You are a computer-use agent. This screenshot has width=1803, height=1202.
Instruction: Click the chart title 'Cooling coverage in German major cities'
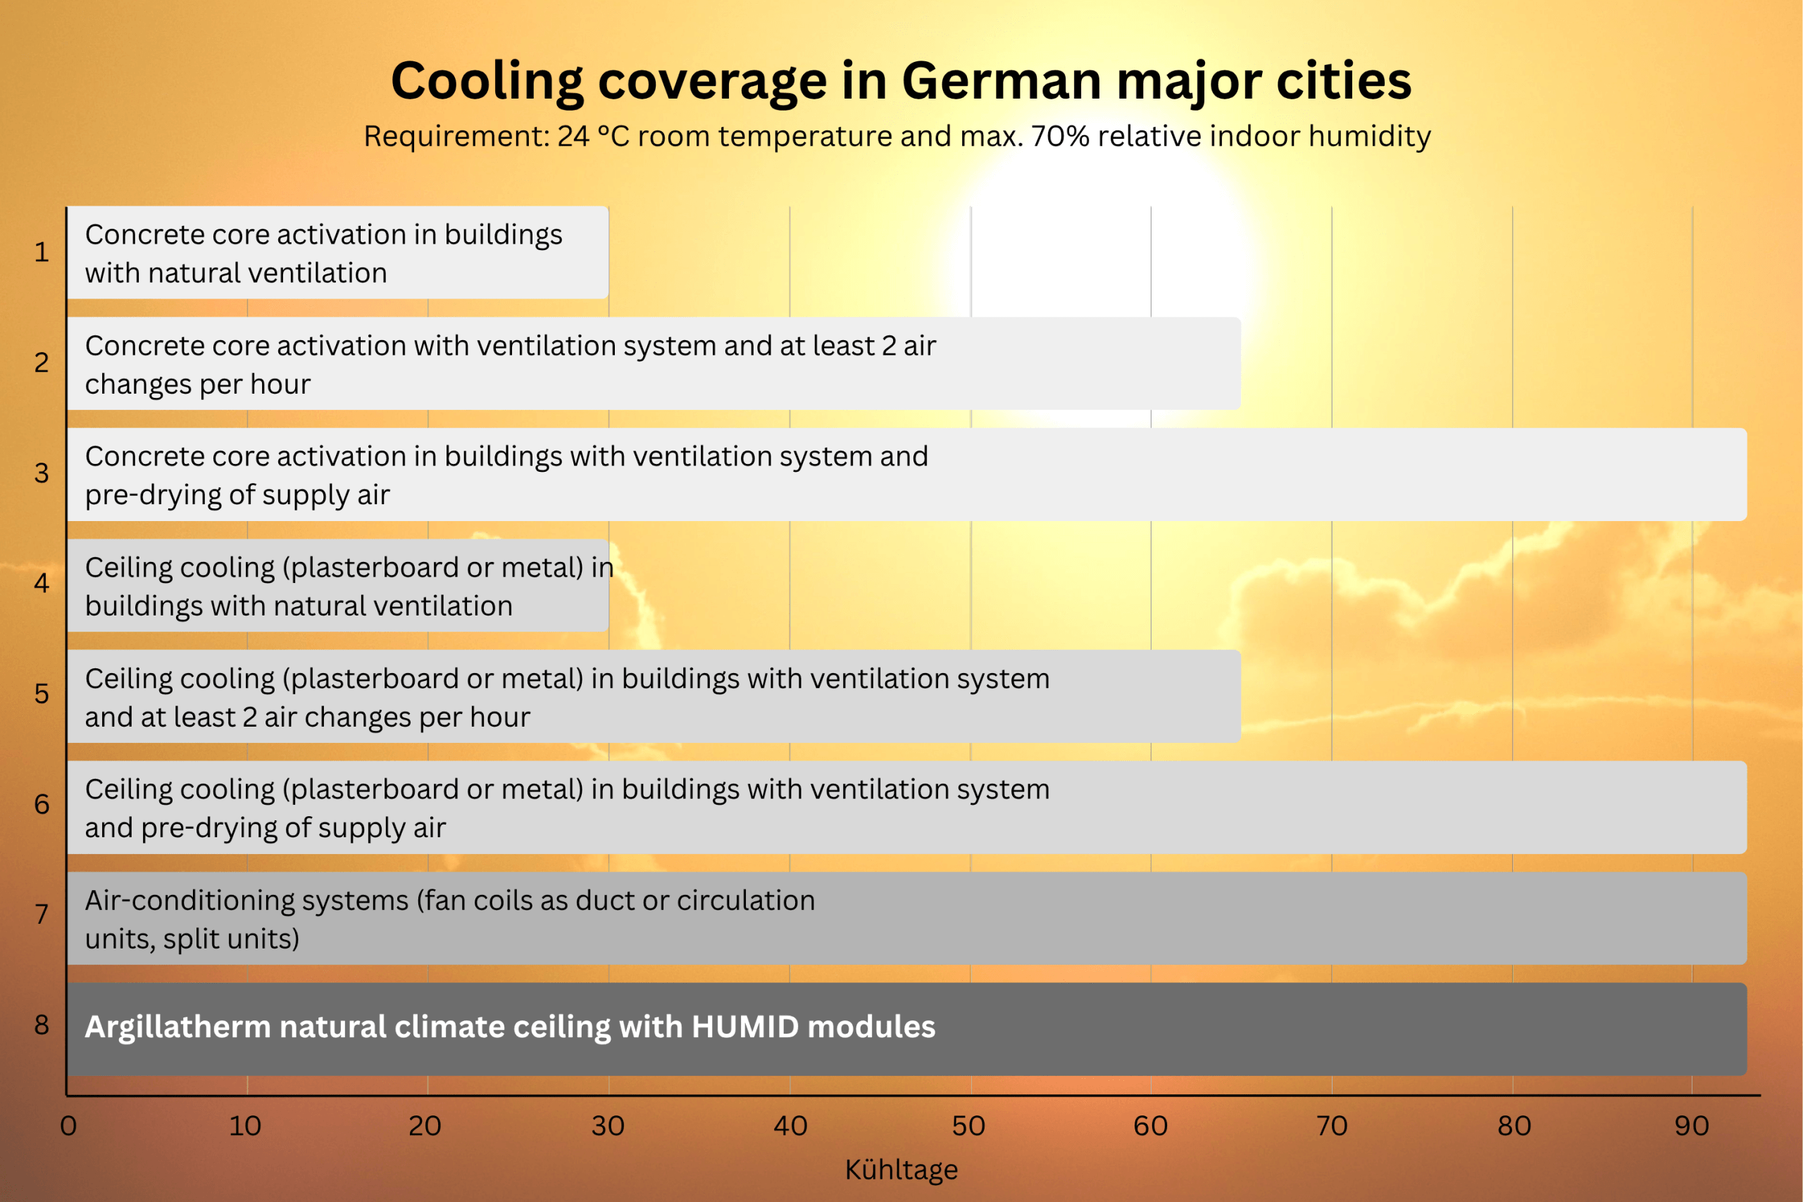901,81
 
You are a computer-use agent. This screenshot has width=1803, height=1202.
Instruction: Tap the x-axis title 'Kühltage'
901,1170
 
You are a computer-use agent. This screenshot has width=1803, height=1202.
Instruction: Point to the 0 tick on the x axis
68,1126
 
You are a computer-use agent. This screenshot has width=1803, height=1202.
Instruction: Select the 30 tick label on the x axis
608,1126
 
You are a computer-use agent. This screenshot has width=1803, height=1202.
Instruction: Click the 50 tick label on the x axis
968,1126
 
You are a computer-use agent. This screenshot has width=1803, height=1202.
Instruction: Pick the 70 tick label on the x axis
1332,1126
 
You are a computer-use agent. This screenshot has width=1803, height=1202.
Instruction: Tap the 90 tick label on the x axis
1691,1126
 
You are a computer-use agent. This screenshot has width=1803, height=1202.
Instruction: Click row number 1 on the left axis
42,252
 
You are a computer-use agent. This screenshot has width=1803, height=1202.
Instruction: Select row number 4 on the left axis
42,583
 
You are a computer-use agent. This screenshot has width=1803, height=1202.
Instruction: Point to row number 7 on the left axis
42,915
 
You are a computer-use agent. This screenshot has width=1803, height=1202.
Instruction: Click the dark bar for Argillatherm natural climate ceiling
1303,1029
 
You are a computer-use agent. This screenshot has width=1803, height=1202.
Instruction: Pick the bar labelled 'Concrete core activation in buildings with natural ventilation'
337,252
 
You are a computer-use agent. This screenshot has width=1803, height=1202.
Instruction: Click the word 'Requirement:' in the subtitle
456,137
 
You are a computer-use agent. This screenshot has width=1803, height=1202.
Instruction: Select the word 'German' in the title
1001,81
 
